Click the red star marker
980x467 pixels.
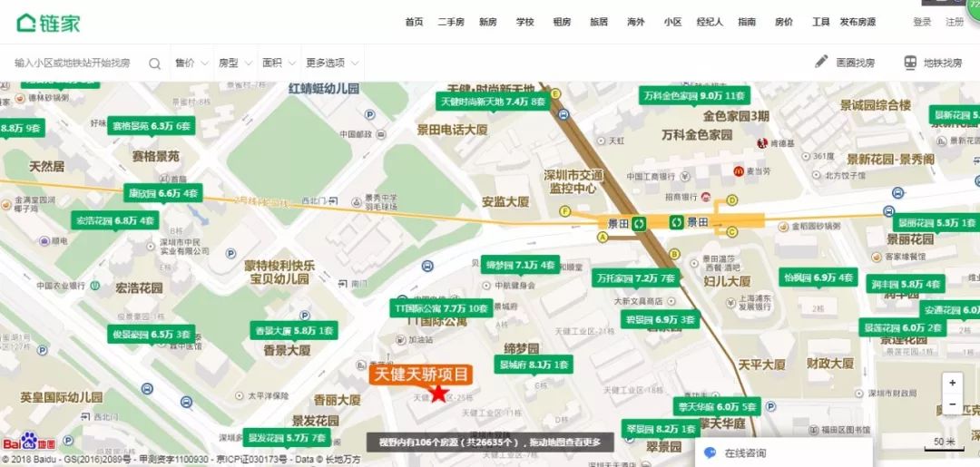point(439,393)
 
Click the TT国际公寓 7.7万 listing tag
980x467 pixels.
point(440,307)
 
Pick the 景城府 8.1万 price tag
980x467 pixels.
point(534,365)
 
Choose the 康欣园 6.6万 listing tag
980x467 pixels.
point(163,193)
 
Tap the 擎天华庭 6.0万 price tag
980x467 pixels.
point(716,407)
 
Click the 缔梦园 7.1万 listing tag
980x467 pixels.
point(520,265)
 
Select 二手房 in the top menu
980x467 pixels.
point(451,22)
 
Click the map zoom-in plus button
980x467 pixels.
point(952,383)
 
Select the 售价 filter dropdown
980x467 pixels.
point(189,63)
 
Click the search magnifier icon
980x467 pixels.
point(154,63)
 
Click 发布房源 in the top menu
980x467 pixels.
point(857,22)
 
